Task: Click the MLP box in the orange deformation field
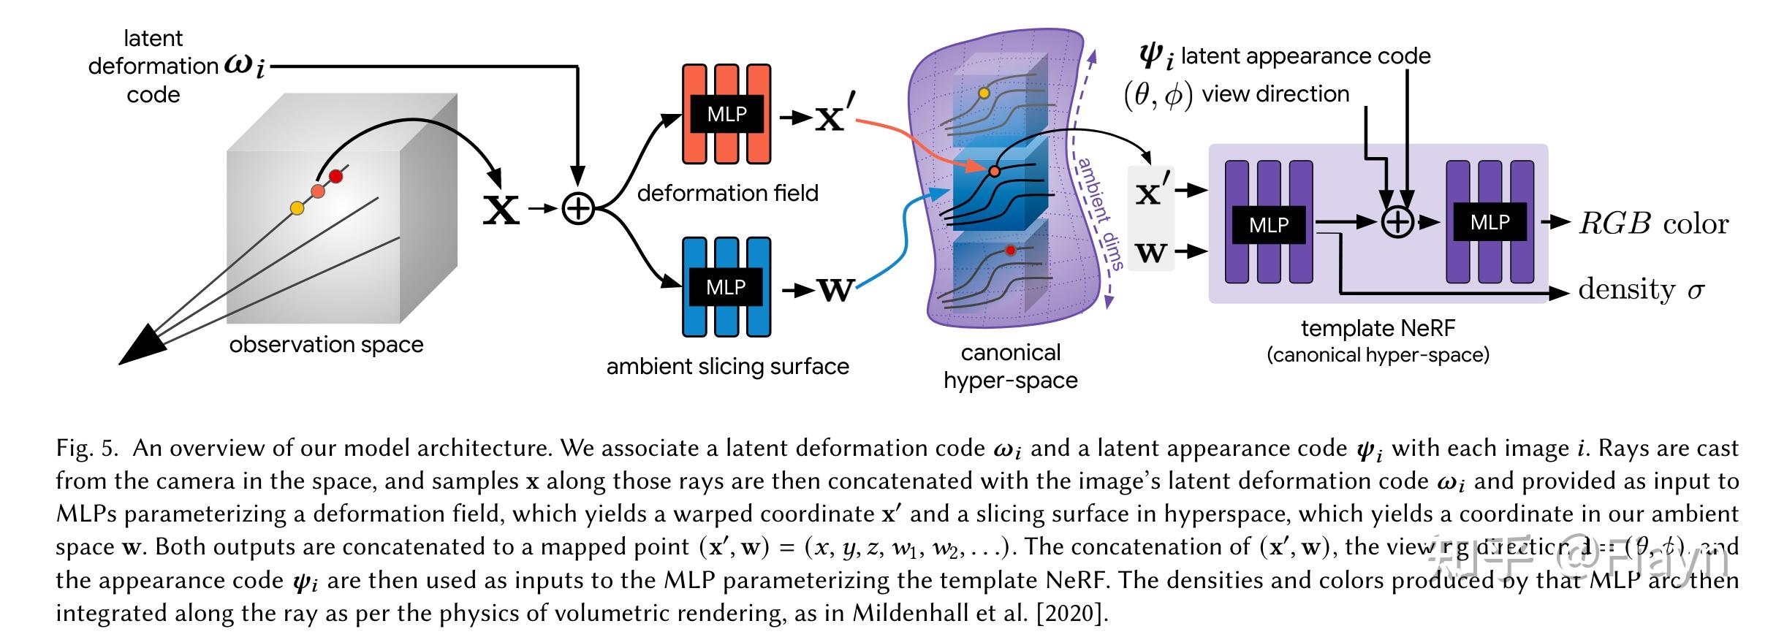pyautogui.click(x=726, y=114)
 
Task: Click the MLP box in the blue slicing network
pyautogui.click(x=725, y=287)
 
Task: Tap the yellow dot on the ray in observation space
pyautogui.click(x=297, y=208)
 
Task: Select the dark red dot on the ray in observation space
pyautogui.click(x=335, y=176)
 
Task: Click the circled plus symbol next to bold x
pyautogui.click(x=577, y=210)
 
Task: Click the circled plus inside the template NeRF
pyautogui.click(x=1397, y=222)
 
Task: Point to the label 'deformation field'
pyautogui.click(x=727, y=193)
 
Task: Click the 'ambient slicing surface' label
pyautogui.click(x=727, y=366)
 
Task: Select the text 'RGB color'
pyautogui.click(x=1653, y=224)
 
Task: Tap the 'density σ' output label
pyautogui.click(x=1640, y=289)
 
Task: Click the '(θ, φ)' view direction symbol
pyautogui.click(x=1158, y=95)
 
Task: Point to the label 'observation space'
pyautogui.click(x=326, y=344)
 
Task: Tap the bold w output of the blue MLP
pyautogui.click(x=835, y=291)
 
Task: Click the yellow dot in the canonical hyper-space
pyautogui.click(x=984, y=94)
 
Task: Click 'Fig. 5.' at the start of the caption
pyautogui.click(x=86, y=448)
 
